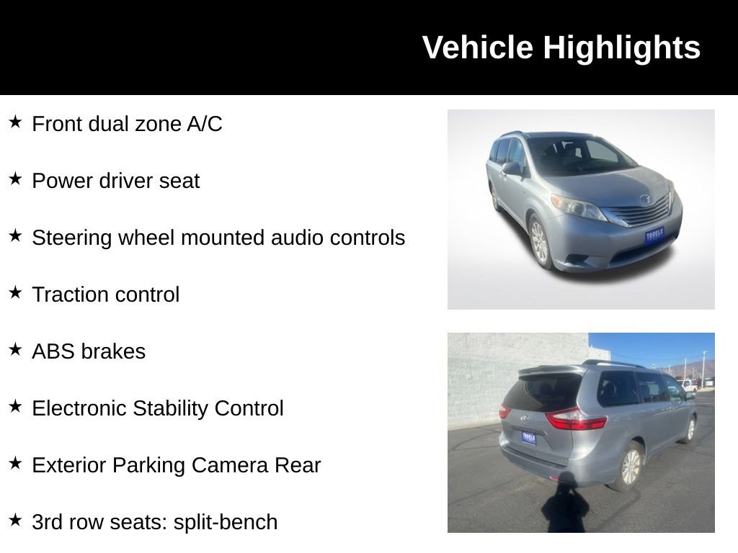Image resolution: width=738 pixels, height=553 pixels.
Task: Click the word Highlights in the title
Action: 621,48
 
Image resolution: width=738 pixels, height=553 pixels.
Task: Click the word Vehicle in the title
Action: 478,48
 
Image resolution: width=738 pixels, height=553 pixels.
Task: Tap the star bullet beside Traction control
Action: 16,292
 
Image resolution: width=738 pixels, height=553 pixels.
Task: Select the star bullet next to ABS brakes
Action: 16,349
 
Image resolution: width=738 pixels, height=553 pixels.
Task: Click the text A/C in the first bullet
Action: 205,124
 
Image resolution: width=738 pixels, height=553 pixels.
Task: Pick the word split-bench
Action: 225,522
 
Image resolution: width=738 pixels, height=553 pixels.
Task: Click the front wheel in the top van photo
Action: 538,242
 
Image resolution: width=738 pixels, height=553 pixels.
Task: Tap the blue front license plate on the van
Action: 654,235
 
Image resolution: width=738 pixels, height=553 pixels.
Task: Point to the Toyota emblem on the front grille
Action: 645,199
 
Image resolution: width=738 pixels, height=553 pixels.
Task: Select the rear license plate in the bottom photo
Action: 528,438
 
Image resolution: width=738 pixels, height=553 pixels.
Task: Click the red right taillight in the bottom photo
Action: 574,419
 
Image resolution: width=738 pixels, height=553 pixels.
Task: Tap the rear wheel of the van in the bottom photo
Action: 630,467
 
